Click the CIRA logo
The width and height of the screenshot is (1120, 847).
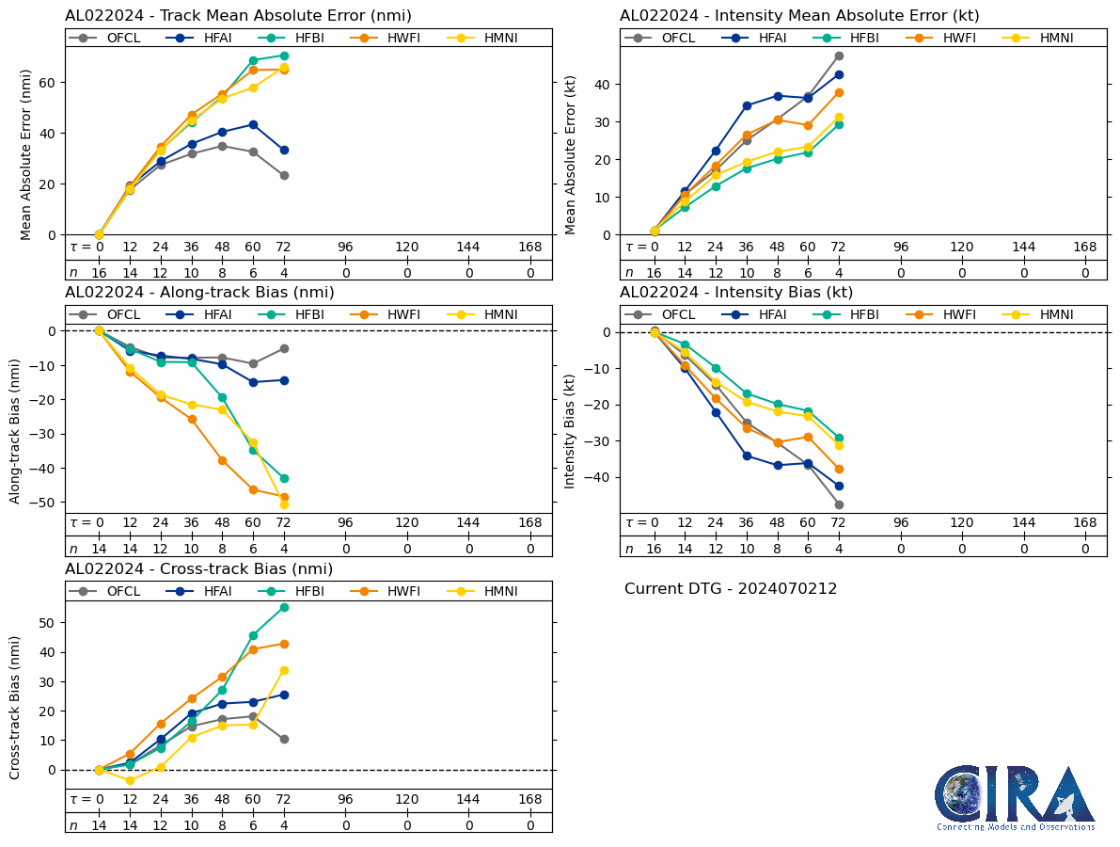point(1014,797)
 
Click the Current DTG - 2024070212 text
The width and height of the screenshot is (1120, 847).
point(731,589)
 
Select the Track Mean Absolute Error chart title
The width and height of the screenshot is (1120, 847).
point(238,16)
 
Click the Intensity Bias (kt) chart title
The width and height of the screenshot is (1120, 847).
point(736,293)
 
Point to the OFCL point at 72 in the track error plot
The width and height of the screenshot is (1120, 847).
point(284,175)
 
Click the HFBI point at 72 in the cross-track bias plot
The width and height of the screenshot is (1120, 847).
point(284,607)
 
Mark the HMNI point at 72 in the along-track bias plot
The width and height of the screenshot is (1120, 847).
point(284,504)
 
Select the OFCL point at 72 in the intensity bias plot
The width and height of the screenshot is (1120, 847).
point(839,504)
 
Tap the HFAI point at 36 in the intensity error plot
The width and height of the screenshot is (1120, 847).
point(747,105)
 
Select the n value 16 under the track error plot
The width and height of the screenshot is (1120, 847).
point(99,272)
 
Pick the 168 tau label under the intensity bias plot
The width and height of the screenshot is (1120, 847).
point(1085,523)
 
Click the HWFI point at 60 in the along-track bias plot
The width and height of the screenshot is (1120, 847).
point(253,489)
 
